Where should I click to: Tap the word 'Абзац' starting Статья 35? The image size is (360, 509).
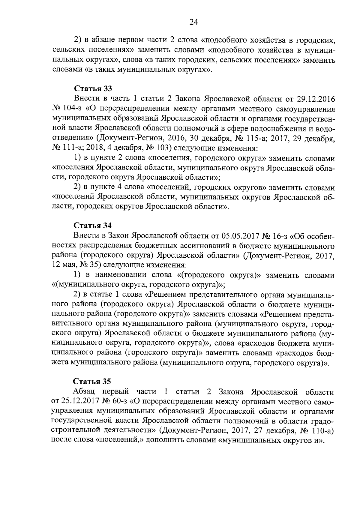(85, 392)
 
